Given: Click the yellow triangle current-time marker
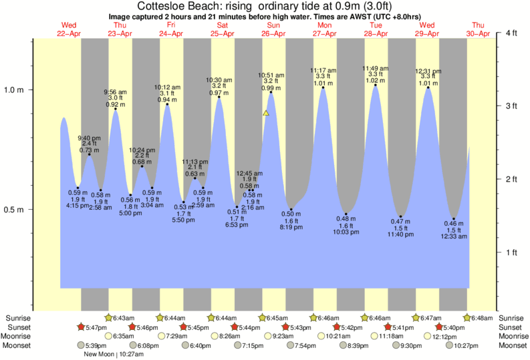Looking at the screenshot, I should pos(266,114).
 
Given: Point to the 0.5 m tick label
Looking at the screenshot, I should pos(15,210).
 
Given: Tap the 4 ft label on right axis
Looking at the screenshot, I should pos(512,33).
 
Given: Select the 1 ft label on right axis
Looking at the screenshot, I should pos(512,252).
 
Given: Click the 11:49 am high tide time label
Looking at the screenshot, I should pos(376,68).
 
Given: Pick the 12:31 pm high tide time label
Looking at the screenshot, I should pos(428,71).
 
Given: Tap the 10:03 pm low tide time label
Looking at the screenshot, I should pos(346,231).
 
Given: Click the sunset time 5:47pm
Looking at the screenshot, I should pos(98,327).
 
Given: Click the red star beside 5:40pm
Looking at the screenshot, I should pos(439,327).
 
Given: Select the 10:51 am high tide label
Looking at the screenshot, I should pos(271,75).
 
